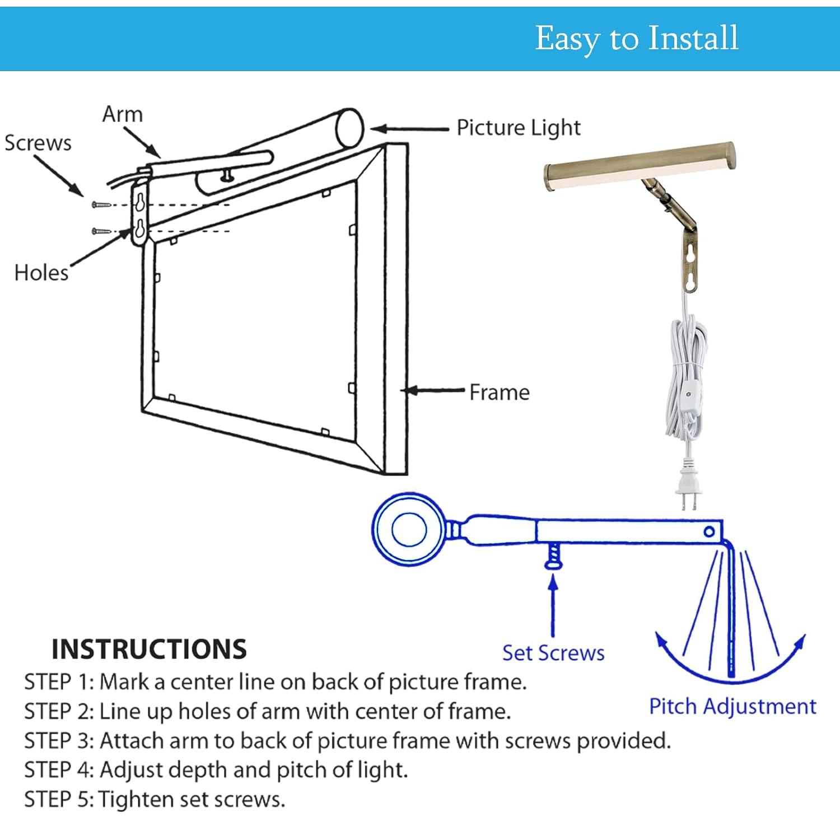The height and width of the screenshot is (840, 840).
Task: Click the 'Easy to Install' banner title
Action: [637, 38]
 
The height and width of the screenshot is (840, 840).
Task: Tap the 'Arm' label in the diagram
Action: [122, 114]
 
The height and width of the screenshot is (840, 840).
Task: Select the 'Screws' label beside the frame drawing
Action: [38, 143]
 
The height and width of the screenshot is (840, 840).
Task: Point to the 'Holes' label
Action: [41, 273]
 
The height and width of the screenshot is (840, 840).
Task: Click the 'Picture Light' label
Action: [519, 128]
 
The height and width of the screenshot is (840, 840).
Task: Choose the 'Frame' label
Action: [499, 392]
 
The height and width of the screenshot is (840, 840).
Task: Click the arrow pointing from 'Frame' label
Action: [434, 390]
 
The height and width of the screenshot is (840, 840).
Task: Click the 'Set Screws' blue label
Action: [553, 653]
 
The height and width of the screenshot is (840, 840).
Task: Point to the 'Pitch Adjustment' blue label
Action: [732, 706]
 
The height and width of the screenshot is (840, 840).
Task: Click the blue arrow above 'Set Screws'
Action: [553, 605]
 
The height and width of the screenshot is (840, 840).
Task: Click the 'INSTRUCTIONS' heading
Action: [149, 649]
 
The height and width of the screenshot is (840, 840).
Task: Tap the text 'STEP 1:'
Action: [59, 682]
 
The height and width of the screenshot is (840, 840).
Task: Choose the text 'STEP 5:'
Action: [59, 799]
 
